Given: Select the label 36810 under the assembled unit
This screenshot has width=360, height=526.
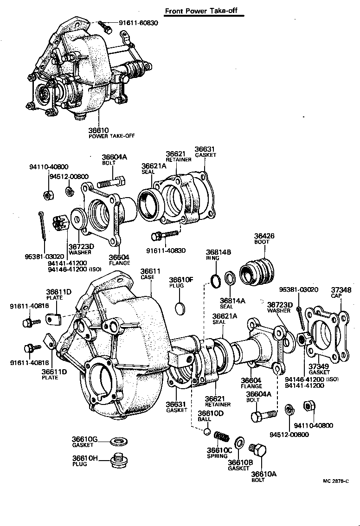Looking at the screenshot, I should (98, 131).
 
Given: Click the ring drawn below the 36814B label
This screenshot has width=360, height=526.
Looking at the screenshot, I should (216, 281).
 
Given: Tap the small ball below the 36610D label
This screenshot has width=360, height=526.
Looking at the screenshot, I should (207, 432).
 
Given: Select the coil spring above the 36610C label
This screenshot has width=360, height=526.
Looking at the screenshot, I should (221, 437).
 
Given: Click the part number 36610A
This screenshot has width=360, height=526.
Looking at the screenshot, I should (263, 474).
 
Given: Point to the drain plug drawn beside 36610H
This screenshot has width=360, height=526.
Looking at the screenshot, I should (119, 462).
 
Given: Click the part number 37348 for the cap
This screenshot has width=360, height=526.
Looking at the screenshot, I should (341, 290).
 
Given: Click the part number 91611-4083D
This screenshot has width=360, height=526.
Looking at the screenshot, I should (166, 250).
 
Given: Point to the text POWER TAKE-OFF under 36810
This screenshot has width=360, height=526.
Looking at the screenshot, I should (109, 136).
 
